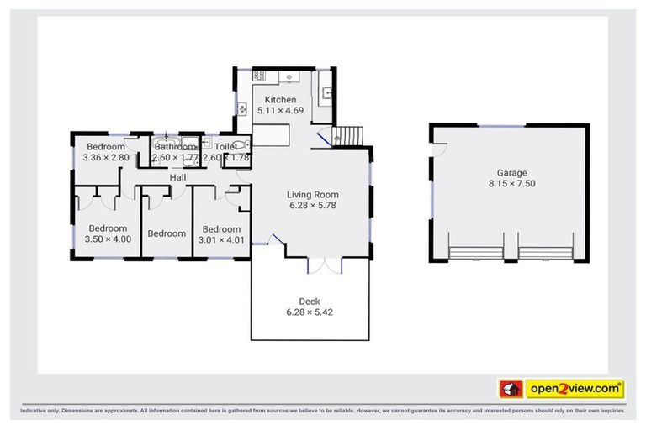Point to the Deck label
tap(310, 302)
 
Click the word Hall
tap(177, 178)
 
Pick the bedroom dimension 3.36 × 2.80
tap(106, 157)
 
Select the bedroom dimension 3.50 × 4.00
tap(108, 239)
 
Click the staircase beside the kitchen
tap(347, 134)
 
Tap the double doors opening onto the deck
tap(324, 265)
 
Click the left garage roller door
tap(475, 252)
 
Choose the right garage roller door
tap(545, 252)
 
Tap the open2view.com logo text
tap(575, 389)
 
